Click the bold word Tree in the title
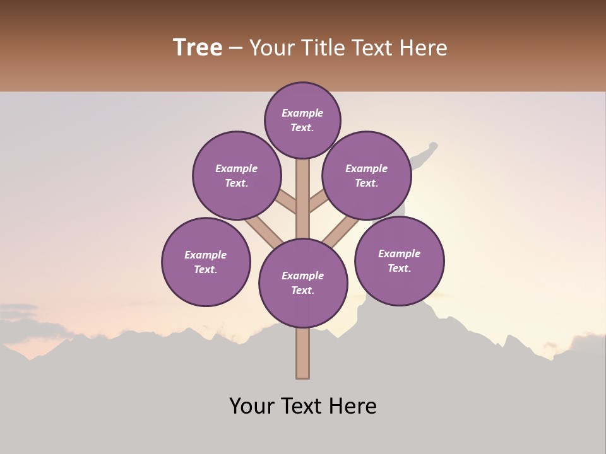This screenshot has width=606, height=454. coord(198,48)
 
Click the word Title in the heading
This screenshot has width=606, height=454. coord(323,48)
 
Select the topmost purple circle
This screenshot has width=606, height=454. coord(302,120)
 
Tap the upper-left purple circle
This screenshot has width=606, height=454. coord(237,175)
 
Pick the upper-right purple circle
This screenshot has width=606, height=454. coord(367,175)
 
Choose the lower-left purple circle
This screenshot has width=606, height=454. coord(206,262)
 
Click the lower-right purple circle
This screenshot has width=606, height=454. coord(399,260)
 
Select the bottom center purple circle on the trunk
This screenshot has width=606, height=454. coord(303,283)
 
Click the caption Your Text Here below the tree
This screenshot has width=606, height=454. coord(303,406)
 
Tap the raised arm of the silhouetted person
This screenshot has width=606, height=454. coord(424,153)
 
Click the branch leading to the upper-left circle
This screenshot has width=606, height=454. coord(286,202)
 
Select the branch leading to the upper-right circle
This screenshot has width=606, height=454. coord(318,202)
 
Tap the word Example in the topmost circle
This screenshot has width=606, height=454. coord(302,113)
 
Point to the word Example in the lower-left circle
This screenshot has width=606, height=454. coord(206,255)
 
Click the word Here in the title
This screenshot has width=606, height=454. coord(424,48)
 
